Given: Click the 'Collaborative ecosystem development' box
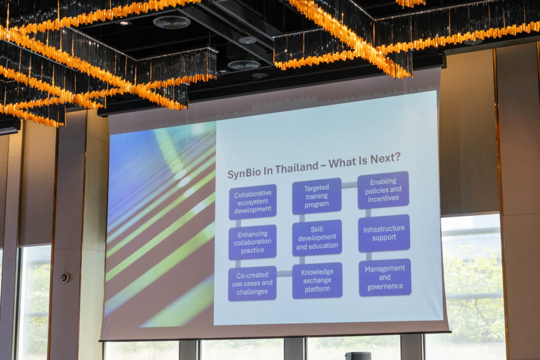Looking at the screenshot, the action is pos(253,202).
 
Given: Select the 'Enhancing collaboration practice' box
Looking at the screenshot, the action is pos(253,242).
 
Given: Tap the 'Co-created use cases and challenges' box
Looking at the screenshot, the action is pos(252,283).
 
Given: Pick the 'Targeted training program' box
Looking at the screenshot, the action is pos(317,196).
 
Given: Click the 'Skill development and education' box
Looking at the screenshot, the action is pos(317,238).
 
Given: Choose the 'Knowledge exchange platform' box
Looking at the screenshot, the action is pos(317,280).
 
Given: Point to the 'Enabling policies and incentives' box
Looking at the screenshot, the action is pos(383,190).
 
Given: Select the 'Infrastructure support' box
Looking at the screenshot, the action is pos(384,233).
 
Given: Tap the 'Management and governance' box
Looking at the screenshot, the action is pos(385,277).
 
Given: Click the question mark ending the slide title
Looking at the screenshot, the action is pos(397,157).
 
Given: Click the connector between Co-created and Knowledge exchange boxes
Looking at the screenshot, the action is pos(284,274).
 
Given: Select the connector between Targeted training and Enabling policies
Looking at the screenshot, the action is pos(350,185).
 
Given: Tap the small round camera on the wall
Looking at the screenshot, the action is pos(65,278).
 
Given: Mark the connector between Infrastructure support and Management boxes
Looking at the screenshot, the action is pos(369,256).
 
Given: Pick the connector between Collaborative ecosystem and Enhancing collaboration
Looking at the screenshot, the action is pos(238,222).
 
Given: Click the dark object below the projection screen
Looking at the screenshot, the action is pos(358,356).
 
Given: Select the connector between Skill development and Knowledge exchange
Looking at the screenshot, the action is pos(302,259).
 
